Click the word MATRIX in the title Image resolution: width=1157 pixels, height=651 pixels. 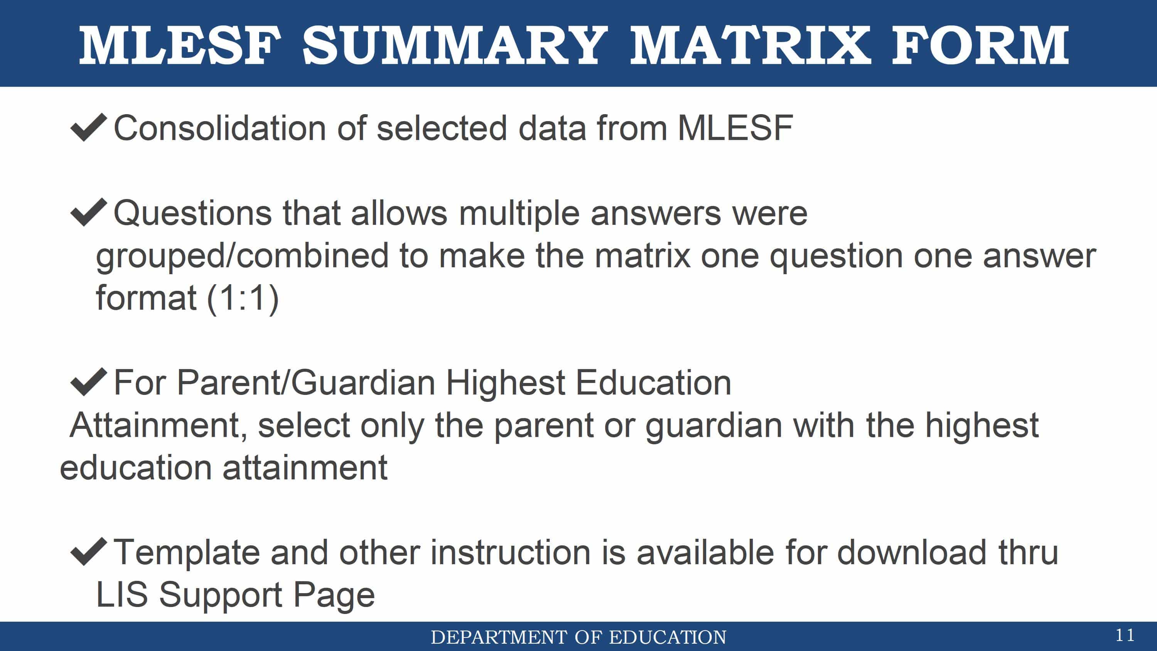tap(751, 45)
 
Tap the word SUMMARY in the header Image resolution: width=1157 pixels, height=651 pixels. tap(455, 45)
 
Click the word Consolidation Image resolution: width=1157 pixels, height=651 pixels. tap(220, 128)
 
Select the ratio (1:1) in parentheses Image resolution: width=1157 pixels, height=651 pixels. tap(243, 299)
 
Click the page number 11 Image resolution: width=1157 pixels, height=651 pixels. tap(1125, 635)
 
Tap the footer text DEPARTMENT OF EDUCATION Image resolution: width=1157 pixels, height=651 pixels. tap(578, 637)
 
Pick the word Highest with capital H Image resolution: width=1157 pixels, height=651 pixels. tap(505, 384)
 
